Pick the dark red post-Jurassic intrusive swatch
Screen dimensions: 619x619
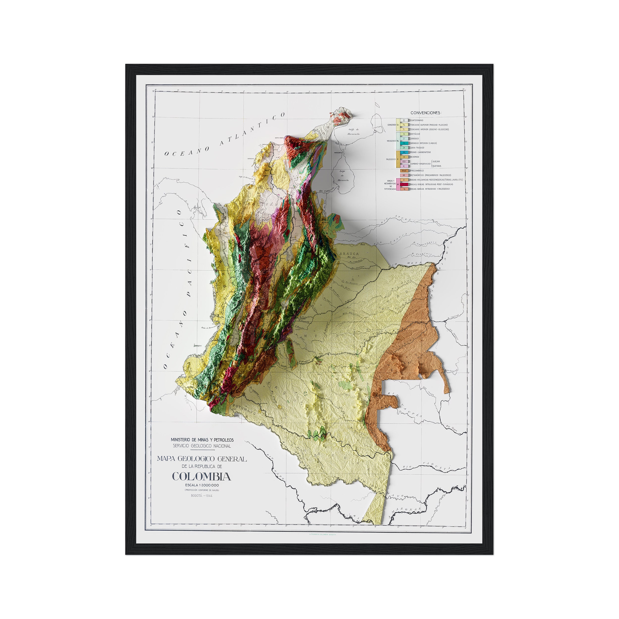click(404, 184)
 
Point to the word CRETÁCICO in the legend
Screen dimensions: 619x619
click(415, 134)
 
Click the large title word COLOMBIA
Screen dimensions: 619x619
click(202, 476)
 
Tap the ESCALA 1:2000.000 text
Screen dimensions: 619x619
click(202, 485)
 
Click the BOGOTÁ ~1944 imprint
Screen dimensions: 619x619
click(202, 496)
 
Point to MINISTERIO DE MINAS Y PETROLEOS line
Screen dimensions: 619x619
click(202, 440)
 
